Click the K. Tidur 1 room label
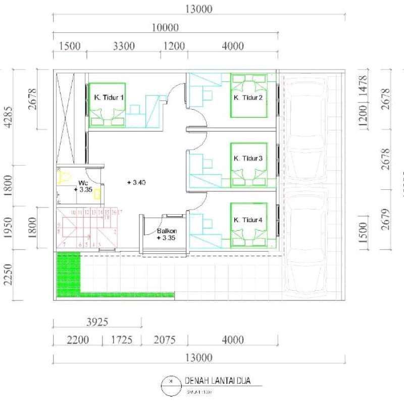tap(109, 98)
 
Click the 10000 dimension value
tap(165, 27)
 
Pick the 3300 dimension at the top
tap(123, 46)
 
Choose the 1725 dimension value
tap(126, 340)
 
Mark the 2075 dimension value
tap(164, 340)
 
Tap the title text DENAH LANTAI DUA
tap(217, 380)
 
